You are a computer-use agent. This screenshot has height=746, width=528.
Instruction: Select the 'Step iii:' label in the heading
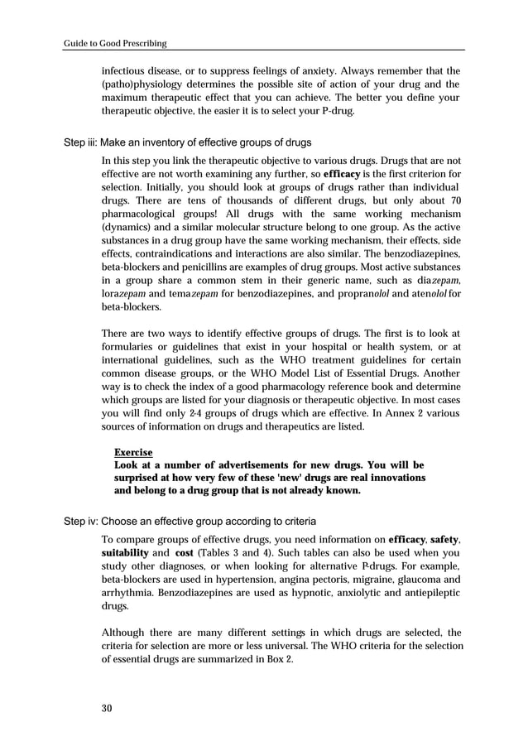click(x=80, y=143)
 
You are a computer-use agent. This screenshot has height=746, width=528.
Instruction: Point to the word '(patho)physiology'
click(x=139, y=84)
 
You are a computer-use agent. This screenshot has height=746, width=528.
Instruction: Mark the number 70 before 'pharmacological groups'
click(x=454, y=204)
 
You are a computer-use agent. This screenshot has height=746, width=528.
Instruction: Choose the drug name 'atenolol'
click(x=429, y=293)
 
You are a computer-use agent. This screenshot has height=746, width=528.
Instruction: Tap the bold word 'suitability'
click(x=124, y=552)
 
